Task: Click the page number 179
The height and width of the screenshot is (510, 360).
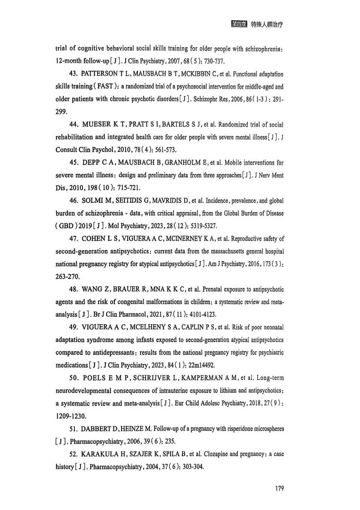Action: (279, 488)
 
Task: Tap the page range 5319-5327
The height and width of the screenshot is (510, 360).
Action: (203, 226)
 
